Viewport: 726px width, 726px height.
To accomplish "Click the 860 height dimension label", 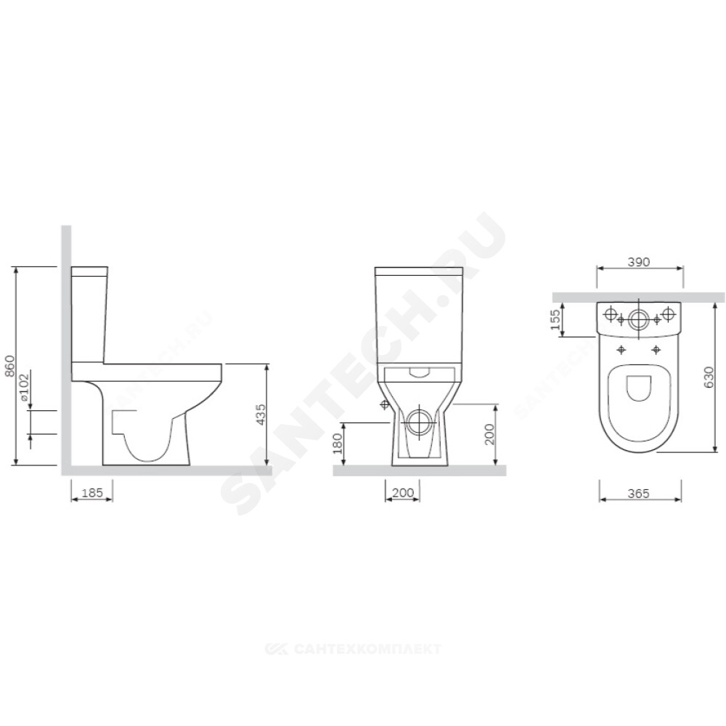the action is coord(9,365).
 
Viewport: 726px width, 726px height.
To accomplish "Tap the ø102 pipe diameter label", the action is coord(24,387).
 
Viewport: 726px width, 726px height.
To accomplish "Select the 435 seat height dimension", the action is coord(261,415).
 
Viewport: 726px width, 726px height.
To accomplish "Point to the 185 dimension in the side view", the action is coord(92,493).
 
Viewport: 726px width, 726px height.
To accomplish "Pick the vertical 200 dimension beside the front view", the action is coord(489,434).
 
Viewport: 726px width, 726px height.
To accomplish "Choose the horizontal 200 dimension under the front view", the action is coord(403,493).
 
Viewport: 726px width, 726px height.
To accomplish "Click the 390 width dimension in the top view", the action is coord(639,261).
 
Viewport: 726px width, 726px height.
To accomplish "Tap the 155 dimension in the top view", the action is coord(555,319).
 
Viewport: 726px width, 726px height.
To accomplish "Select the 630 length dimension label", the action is coord(709,378).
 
